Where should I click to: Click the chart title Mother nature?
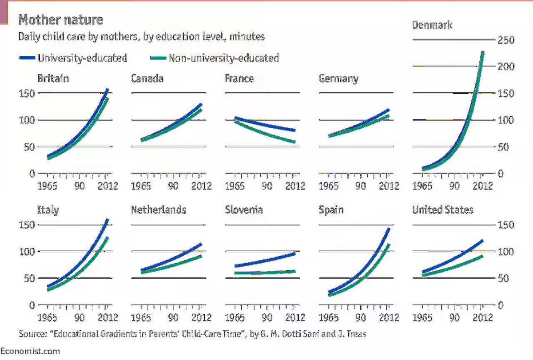60,20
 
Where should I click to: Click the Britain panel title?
53,79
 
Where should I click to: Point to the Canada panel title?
147,79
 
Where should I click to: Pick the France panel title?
239,79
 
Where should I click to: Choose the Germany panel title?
338,79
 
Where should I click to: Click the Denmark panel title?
432,25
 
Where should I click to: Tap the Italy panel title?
48,210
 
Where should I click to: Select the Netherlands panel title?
158,210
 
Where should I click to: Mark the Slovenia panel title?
244,210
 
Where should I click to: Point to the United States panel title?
442,210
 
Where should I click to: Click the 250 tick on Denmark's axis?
505,40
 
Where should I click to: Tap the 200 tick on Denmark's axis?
505,67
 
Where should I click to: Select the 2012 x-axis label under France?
294,186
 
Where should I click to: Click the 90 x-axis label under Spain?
361,317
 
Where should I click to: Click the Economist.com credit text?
30,351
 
